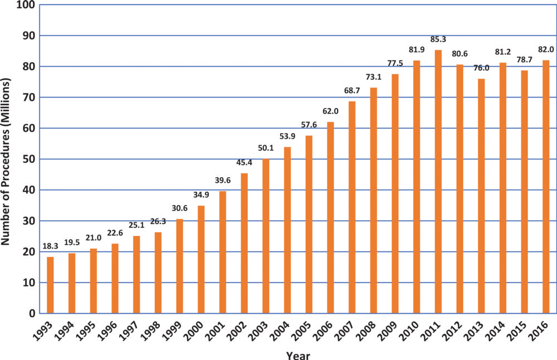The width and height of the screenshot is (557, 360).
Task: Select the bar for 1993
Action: [50, 285]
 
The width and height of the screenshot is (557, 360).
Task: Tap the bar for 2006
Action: [330, 217]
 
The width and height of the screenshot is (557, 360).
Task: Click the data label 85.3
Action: [438, 40]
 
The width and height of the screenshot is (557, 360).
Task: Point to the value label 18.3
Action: [50, 247]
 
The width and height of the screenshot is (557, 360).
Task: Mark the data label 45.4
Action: [244, 163]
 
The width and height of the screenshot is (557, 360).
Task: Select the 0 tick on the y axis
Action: [32, 314]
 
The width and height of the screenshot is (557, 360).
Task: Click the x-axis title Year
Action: [298, 354]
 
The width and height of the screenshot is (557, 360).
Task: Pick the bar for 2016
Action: [546, 187]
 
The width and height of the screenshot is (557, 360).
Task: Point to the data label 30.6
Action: [179, 209]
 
